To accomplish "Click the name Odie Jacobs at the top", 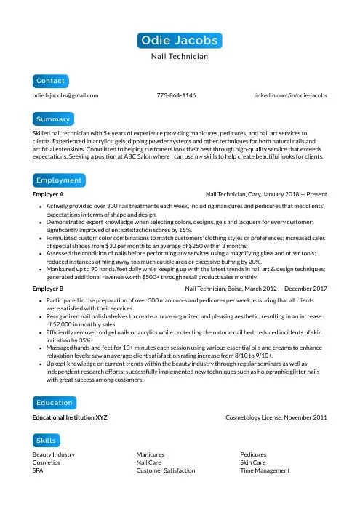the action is tap(180, 39).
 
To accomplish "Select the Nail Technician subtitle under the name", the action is tap(180, 56).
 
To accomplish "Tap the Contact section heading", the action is tap(50, 80).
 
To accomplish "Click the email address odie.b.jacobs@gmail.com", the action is tap(65, 95).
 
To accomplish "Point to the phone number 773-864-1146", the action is tap(176, 95).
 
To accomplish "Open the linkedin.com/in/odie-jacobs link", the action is tap(290, 95).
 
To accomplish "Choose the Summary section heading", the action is tap(53, 119).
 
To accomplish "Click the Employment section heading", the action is tap(59, 180).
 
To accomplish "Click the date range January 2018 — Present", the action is tap(298, 195).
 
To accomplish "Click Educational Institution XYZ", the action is tap(71, 418).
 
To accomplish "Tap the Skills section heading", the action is tap(47, 441).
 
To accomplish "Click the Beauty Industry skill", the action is tap(54, 454).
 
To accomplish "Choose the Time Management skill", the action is tap(265, 470).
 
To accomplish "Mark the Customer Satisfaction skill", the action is tap(166, 470).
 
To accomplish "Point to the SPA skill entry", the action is tap(39, 470).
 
